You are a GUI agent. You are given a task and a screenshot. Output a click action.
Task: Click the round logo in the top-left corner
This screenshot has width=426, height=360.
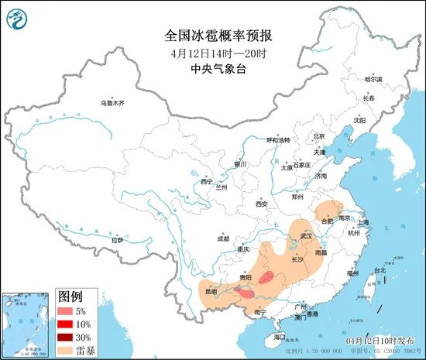[x=20, y=19]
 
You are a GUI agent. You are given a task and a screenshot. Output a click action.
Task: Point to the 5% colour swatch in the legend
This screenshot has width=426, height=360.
[x=67, y=310]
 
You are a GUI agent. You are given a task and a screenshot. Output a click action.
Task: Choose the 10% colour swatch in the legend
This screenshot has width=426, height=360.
[x=67, y=324]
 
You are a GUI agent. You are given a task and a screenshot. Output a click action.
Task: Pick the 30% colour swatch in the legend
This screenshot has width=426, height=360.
[x=67, y=337]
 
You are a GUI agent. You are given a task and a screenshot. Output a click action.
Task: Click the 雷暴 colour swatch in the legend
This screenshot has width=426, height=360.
[x=67, y=350]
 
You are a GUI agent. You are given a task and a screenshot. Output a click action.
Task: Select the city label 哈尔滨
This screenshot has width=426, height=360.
[x=373, y=79]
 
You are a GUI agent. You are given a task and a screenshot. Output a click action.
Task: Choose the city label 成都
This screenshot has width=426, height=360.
[x=223, y=238]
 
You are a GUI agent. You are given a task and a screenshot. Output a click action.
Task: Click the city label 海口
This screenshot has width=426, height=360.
[x=280, y=338]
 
